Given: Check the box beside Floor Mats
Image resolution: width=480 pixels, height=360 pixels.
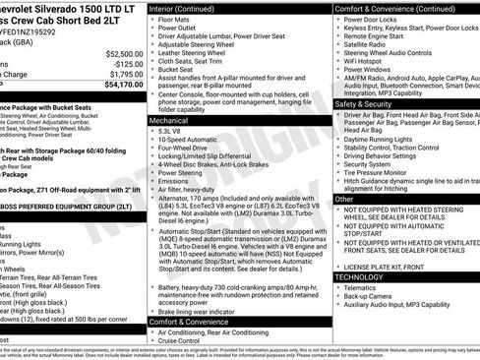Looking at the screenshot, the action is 152,19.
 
